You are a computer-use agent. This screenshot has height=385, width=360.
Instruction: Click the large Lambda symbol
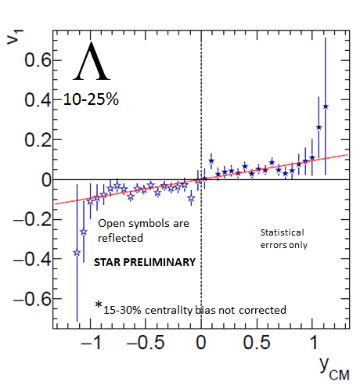(x=92, y=61)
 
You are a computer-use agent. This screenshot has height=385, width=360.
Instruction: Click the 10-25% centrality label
(x=91, y=99)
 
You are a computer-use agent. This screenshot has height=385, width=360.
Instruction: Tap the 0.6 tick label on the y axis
(x=38, y=59)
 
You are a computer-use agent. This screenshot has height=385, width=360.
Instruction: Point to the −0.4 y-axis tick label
(x=32, y=259)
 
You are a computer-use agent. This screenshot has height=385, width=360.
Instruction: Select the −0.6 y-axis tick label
(x=32, y=299)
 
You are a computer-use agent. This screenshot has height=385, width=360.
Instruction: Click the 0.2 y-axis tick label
(x=38, y=139)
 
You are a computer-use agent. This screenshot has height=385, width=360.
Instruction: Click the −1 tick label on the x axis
(x=91, y=342)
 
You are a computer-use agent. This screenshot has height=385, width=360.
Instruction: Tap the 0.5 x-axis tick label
(x=257, y=342)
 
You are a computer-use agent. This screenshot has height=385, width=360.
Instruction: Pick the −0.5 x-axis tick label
(x=146, y=342)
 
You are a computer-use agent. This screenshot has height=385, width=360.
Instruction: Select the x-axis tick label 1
(x=314, y=342)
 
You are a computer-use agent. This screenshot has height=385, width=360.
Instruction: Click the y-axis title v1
(x=15, y=38)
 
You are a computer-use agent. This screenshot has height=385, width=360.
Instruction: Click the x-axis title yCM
(x=334, y=368)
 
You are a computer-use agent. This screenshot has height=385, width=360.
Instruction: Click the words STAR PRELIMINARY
(x=145, y=262)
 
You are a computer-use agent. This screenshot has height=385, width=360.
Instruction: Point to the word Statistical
(x=282, y=232)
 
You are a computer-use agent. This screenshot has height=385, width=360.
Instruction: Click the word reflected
(x=121, y=238)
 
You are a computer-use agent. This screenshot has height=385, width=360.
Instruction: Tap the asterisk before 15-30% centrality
(x=99, y=304)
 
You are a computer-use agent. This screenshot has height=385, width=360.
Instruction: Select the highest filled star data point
(x=326, y=106)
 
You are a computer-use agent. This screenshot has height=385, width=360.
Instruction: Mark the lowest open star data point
(x=77, y=253)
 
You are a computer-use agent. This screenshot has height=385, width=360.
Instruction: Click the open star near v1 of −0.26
(x=84, y=232)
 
